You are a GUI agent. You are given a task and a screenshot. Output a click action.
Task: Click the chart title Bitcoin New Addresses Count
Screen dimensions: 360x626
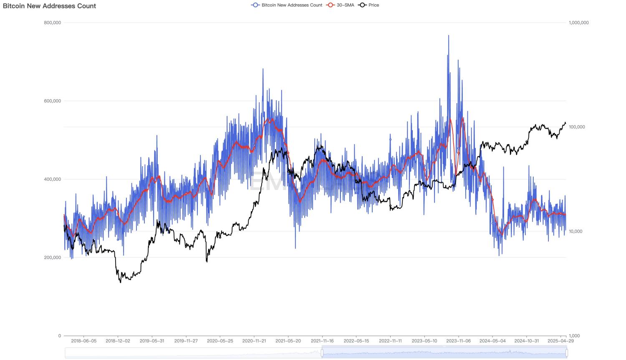pos(50,6)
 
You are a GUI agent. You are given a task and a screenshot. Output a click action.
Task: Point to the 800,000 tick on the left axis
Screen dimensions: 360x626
pos(53,23)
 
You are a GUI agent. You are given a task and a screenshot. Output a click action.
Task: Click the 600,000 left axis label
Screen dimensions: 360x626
pos(53,101)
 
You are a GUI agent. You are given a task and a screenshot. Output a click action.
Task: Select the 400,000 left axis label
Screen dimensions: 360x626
pos(53,179)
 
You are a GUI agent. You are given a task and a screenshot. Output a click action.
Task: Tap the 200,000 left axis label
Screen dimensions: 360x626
pos(53,258)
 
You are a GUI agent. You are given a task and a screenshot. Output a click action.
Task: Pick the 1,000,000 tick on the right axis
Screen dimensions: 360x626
pos(579,23)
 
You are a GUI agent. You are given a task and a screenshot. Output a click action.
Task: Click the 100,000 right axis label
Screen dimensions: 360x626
pos(578,127)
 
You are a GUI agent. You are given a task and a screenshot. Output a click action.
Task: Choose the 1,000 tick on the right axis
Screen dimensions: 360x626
pos(575,336)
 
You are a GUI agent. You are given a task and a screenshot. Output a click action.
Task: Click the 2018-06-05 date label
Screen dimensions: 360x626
pos(84,341)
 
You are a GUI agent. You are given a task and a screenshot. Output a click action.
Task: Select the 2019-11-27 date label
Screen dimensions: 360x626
pos(186,341)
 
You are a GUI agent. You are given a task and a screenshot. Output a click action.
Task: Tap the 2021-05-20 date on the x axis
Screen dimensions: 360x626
pos(288,341)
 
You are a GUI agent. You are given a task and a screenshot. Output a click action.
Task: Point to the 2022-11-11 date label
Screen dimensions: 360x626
pos(391,341)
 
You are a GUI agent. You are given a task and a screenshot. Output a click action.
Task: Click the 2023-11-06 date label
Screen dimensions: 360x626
pos(459,341)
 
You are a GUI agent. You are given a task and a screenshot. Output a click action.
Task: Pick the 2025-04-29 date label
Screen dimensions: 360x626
pos(561,341)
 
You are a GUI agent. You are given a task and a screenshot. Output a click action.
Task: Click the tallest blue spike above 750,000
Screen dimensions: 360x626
pos(449,36)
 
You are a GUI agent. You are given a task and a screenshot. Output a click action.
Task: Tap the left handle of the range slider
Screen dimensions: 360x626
pos(322,353)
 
